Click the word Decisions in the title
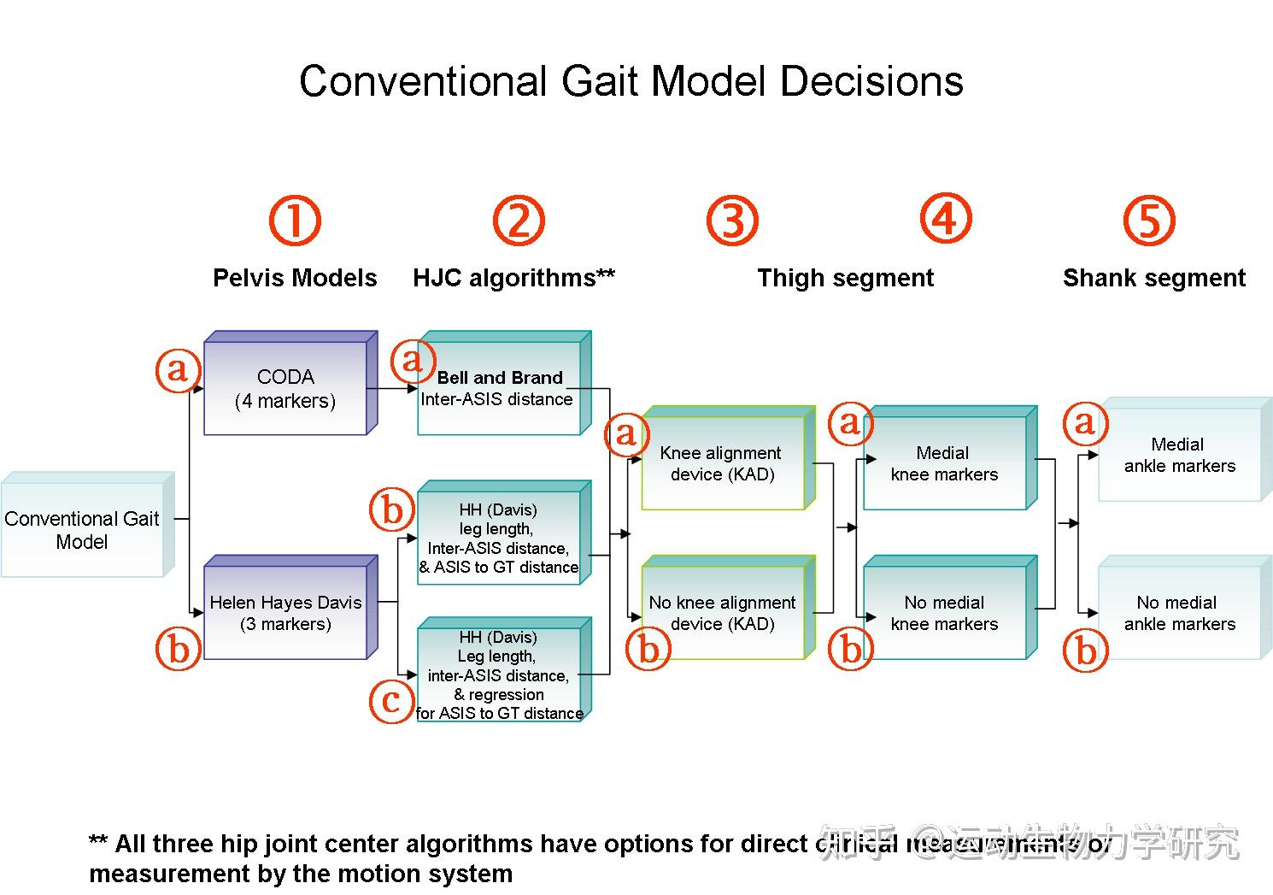click(x=871, y=82)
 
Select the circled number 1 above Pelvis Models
click(x=295, y=221)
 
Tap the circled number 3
click(x=732, y=221)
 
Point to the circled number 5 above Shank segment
click(x=1148, y=221)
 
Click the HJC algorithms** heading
click(x=513, y=278)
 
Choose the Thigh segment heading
click(x=845, y=278)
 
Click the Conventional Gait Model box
click(x=82, y=530)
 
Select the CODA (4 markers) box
click(x=285, y=389)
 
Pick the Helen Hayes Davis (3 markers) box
click(x=285, y=613)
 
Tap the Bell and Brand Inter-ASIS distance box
click(x=499, y=389)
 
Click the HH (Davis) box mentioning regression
click(x=499, y=675)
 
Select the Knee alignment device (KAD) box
click(x=723, y=463)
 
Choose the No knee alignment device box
click(x=723, y=613)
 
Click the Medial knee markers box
click(x=944, y=463)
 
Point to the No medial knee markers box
click(x=944, y=613)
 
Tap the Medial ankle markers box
click(x=1179, y=455)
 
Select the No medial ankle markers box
click(x=1179, y=613)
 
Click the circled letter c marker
click(x=391, y=701)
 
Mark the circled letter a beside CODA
click(x=178, y=369)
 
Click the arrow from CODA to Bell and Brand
click(x=393, y=389)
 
